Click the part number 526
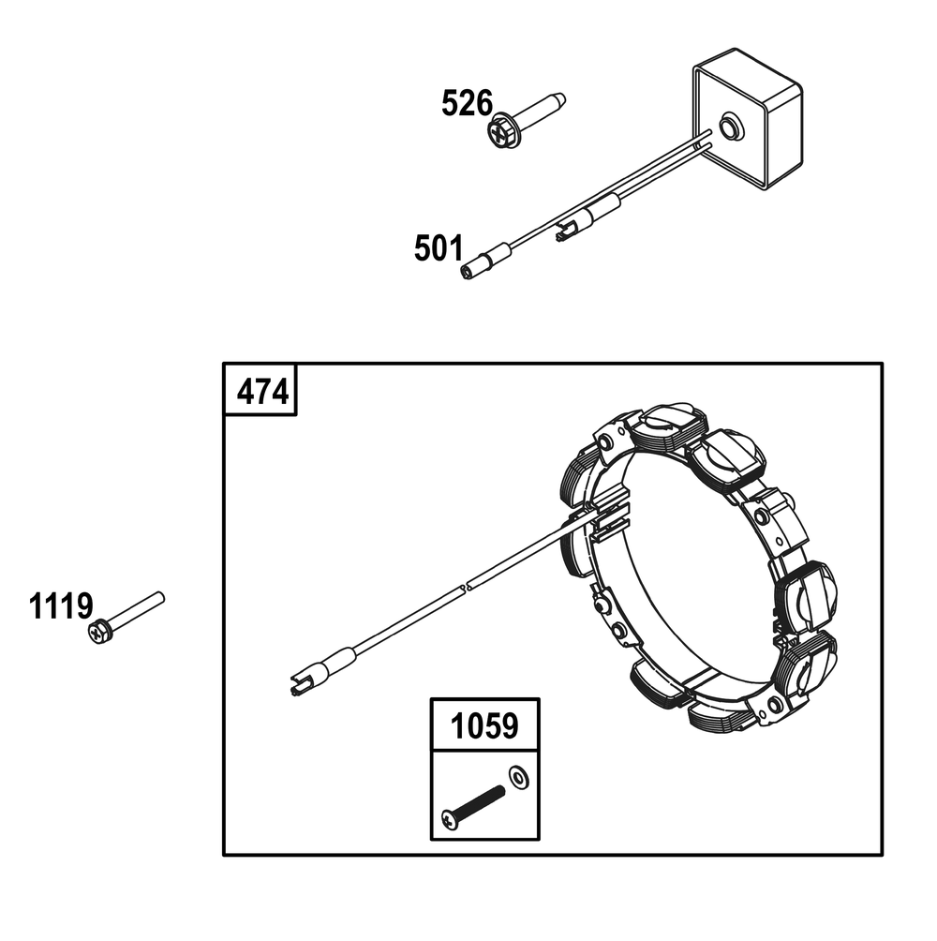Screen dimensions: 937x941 click(x=467, y=103)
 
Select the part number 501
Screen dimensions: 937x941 click(x=439, y=248)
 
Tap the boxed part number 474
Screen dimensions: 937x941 click(x=262, y=393)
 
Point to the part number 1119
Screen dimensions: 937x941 click(x=61, y=605)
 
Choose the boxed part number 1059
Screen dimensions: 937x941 click(x=484, y=725)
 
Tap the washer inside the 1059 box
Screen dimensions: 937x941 click(x=518, y=777)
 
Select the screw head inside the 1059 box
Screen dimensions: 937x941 click(x=450, y=819)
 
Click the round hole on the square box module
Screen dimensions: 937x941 click(x=730, y=127)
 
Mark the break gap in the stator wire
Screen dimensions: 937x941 click(x=467, y=587)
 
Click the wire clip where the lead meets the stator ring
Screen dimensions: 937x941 click(x=608, y=517)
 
